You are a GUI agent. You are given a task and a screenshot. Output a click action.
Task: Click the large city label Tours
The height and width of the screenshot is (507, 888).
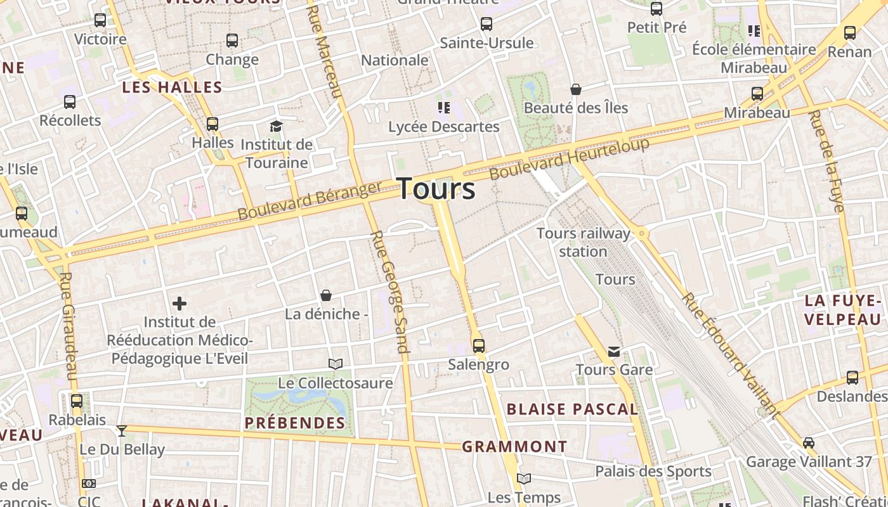[436, 189]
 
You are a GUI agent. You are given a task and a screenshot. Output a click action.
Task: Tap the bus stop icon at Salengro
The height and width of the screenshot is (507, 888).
[479, 346]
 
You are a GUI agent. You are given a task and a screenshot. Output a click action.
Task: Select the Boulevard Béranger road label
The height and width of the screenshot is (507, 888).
[310, 200]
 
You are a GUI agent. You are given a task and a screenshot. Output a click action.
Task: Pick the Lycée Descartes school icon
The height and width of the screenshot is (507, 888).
[443, 108]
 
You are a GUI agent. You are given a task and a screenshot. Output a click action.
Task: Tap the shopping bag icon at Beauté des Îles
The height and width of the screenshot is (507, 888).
[576, 89]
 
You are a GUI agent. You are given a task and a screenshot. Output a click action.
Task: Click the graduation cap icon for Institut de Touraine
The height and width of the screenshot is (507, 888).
[276, 126]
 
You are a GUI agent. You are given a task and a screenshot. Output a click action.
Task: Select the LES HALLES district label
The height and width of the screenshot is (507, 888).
[172, 87]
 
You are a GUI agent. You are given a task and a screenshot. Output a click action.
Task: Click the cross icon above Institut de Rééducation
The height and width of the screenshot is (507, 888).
[180, 304]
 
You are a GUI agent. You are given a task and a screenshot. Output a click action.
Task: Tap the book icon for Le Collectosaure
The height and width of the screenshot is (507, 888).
[336, 364]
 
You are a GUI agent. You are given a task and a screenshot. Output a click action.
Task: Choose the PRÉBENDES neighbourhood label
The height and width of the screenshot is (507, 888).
[295, 423]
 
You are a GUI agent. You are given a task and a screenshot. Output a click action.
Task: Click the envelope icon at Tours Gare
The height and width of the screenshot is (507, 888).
[614, 351]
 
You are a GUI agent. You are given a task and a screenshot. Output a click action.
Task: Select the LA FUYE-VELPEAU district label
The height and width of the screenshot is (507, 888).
[843, 310]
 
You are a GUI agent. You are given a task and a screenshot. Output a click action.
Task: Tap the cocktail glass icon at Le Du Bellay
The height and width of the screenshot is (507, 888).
[122, 431]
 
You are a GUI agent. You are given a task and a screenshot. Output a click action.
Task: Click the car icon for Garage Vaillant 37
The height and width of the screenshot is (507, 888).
[809, 442]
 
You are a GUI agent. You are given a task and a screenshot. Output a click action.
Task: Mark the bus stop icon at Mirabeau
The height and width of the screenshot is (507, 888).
[757, 94]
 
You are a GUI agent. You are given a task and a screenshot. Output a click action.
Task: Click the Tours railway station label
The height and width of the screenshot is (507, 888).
[584, 242]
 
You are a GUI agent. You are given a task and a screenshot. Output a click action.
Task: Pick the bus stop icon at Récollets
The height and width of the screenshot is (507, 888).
[70, 101]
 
